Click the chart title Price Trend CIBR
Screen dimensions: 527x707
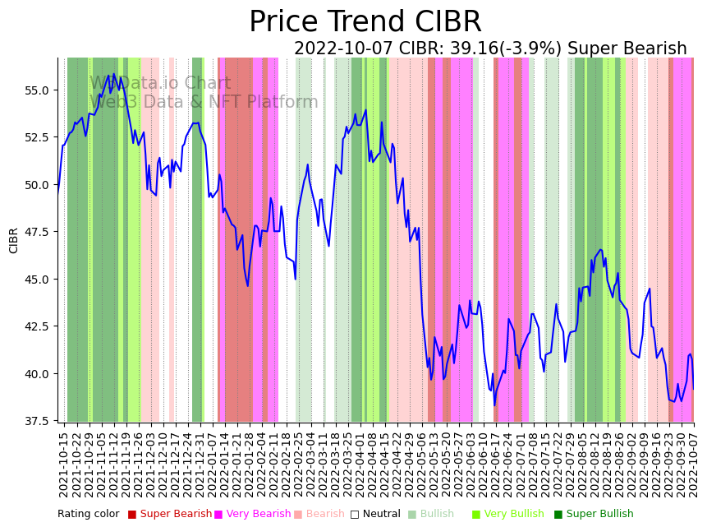click(x=365, y=22)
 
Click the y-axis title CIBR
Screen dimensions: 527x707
click(x=14, y=239)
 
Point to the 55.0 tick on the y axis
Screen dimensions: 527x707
click(x=38, y=90)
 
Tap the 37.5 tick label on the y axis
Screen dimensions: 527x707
click(x=38, y=421)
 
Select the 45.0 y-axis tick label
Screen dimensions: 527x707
click(x=38, y=279)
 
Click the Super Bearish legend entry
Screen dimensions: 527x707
click(x=176, y=514)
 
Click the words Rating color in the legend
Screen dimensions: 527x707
click(x=88, y=514)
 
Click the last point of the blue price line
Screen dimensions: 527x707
click(x=693, y=389)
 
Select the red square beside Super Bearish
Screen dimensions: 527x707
click(x=131, y=515)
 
